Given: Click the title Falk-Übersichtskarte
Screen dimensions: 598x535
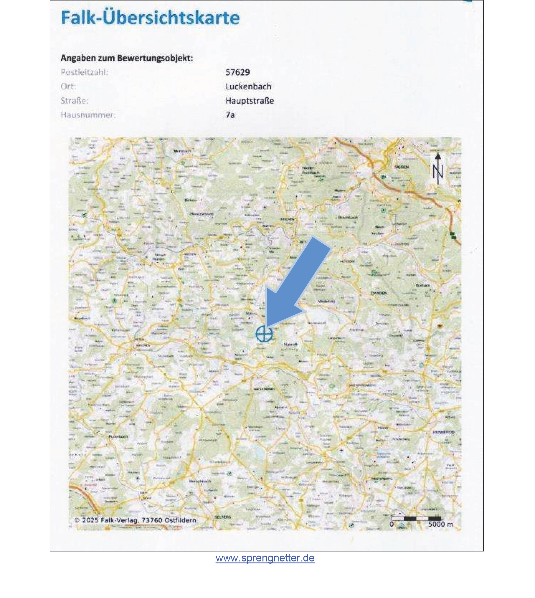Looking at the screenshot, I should [x=150, y=18].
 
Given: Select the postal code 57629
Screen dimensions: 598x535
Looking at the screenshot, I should [x=237, y=72].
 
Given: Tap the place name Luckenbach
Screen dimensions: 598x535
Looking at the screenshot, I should [x=248, y=87].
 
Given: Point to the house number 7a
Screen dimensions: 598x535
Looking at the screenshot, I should [x=230, y=115].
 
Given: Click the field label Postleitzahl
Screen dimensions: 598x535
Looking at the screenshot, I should [x=84, y=72].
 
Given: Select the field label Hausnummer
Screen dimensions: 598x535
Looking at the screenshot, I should [x=88, y=115].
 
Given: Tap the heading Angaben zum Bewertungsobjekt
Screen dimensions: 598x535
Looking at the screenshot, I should [x=127, y=58].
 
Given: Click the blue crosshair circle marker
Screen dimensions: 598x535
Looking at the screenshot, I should [x=264, y=334].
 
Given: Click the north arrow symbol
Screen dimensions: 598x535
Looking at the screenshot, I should [x=438, y=169].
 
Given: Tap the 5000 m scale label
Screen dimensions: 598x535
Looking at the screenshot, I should [x=440, y=524].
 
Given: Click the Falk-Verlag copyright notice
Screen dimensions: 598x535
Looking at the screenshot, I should [x=135, y=520].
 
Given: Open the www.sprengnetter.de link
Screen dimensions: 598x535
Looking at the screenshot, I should [x=265, y=558].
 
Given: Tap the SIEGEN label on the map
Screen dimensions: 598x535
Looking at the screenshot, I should [x=401, y=167].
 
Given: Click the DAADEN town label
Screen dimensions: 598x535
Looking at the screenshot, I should [x=379, y=293].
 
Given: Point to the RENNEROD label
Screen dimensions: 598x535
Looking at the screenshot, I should [x=444, y=432].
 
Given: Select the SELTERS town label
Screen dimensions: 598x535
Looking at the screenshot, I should [x=223, y=517].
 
